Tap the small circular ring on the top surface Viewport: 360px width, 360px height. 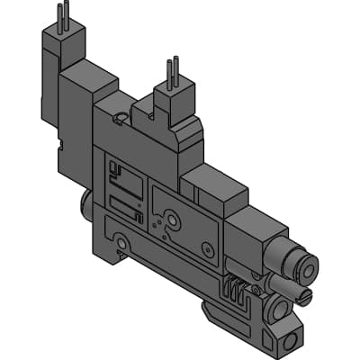tap(121, 117)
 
